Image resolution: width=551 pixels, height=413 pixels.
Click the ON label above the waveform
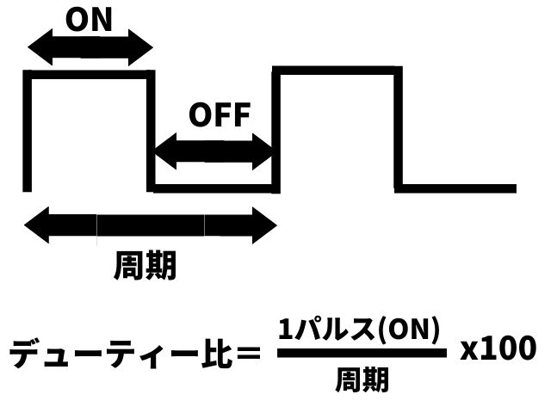(89, 19)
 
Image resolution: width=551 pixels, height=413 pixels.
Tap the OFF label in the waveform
(219, 115)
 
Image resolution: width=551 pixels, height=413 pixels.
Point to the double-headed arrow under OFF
(213, 151)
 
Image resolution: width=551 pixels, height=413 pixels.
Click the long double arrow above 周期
(151, 226)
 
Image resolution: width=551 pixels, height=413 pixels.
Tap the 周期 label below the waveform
(145, 267)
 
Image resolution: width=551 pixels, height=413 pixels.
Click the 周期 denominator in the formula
(362, 379)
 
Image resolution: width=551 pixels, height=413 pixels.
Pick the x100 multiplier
(498, 348)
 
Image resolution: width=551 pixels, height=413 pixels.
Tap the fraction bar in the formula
(362, 353)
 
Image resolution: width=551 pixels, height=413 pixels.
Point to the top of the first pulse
(89, 76)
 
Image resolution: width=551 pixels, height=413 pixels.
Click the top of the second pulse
(337, 70)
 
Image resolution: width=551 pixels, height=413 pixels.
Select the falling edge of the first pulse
(151, 129)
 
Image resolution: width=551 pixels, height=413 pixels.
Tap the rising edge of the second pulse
(275, 129)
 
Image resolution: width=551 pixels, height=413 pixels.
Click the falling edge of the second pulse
(399, 129)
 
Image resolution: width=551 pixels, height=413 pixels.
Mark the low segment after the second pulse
(456, 188)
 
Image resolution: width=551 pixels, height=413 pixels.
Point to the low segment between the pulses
(213, 188)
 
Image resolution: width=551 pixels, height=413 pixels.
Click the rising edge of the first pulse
(28, 129)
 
